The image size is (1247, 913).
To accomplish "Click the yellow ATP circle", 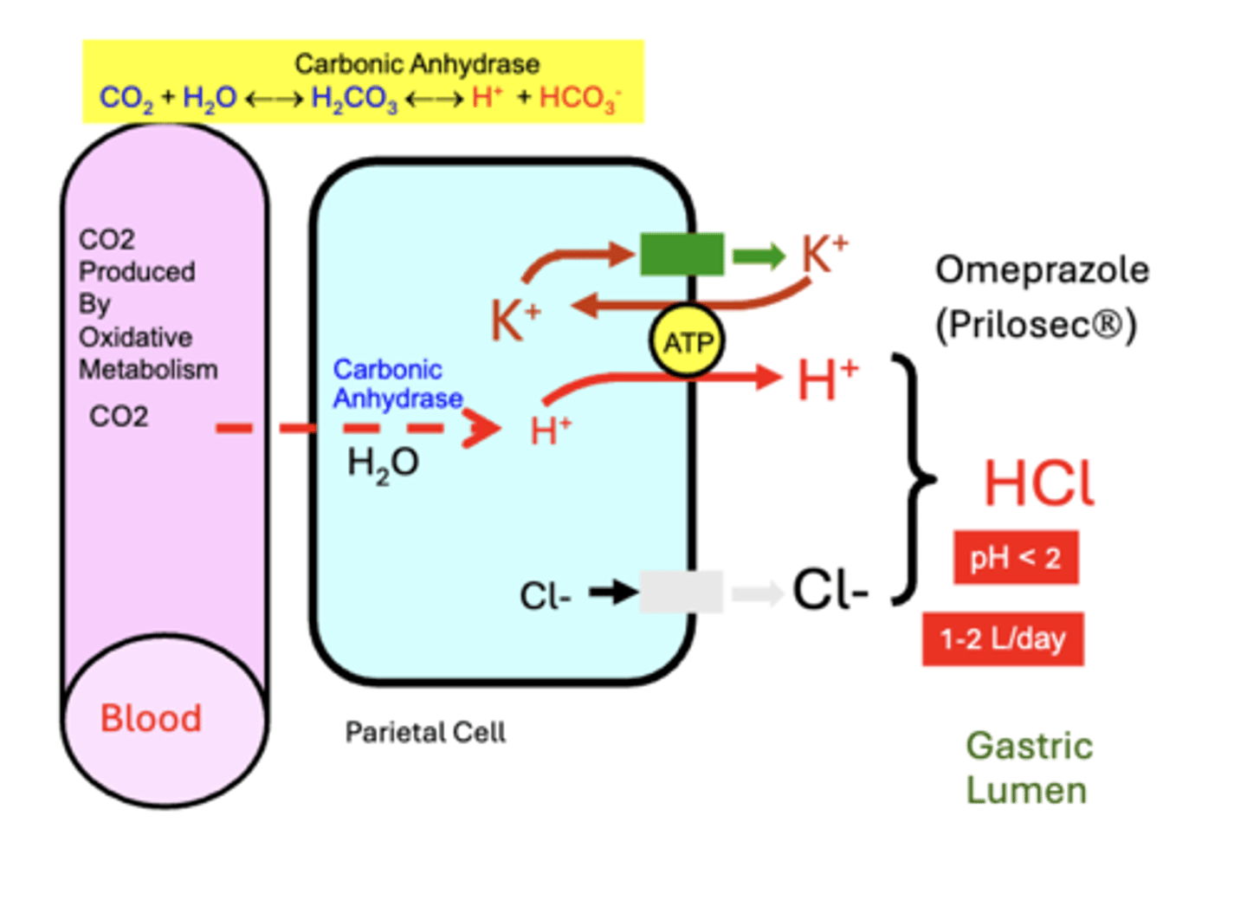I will [687, 342].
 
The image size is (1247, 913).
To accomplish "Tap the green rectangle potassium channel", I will [682, 254].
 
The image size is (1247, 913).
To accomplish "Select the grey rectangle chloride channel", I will [681, 592].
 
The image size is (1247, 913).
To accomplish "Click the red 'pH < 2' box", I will [1015, 558].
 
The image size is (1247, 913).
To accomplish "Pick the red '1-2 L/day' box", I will [1002, 639].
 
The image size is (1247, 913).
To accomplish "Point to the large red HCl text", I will [1039, 483].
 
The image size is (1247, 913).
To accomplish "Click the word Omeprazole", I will [1042, 270].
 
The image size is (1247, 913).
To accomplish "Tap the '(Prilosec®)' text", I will [1036, 325].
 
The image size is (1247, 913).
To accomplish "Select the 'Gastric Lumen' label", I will [1029, 767].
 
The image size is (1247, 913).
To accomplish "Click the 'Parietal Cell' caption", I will [424, 733].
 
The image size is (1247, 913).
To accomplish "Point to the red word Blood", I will [151, 718].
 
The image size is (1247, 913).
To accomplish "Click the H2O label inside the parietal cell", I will [383, 463].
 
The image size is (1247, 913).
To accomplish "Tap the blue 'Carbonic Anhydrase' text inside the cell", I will [397, 384].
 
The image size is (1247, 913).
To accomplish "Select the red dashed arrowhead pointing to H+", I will [481, 427].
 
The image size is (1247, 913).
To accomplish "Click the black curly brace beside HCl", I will [914, 477].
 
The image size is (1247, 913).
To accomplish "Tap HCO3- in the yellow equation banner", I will [579, 98].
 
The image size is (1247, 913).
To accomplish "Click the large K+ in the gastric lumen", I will [824, 254].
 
